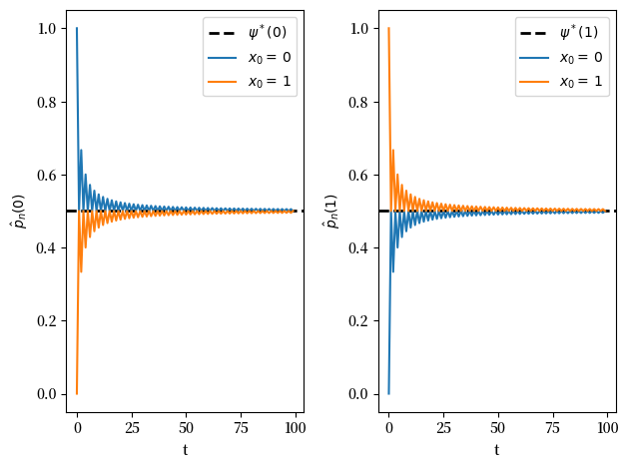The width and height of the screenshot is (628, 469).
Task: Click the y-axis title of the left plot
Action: (x=17, y=211)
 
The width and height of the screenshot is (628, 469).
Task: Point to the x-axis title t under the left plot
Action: (x=185, y=450)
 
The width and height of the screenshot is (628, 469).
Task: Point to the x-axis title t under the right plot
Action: (x=496, y=450)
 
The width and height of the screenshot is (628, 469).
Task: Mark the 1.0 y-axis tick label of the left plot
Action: (x=48, y=29)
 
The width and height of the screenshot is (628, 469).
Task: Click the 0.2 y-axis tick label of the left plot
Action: (x=48, y=321)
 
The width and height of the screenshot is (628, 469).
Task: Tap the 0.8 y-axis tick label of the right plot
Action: (x=359, y=102)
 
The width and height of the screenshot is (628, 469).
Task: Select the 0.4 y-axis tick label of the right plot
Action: (x=359, y=248)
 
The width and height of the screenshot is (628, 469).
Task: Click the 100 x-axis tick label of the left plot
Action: (x=294, y=428)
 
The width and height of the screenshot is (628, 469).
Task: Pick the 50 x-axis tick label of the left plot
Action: (x=186, y=428)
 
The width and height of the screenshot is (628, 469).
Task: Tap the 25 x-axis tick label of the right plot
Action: (x=443, y=428)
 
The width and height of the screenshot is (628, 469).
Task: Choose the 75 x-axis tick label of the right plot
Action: (x=552, y=428)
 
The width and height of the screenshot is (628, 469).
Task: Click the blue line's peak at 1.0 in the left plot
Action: (x=77, y=28)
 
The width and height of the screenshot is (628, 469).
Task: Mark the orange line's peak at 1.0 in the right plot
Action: (x=388, y=28)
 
